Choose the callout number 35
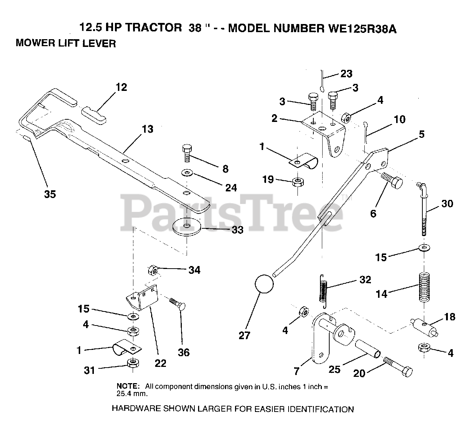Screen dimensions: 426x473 pos(50,194)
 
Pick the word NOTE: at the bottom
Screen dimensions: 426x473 pos(128,386)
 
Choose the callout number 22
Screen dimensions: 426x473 pos(160,364)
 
